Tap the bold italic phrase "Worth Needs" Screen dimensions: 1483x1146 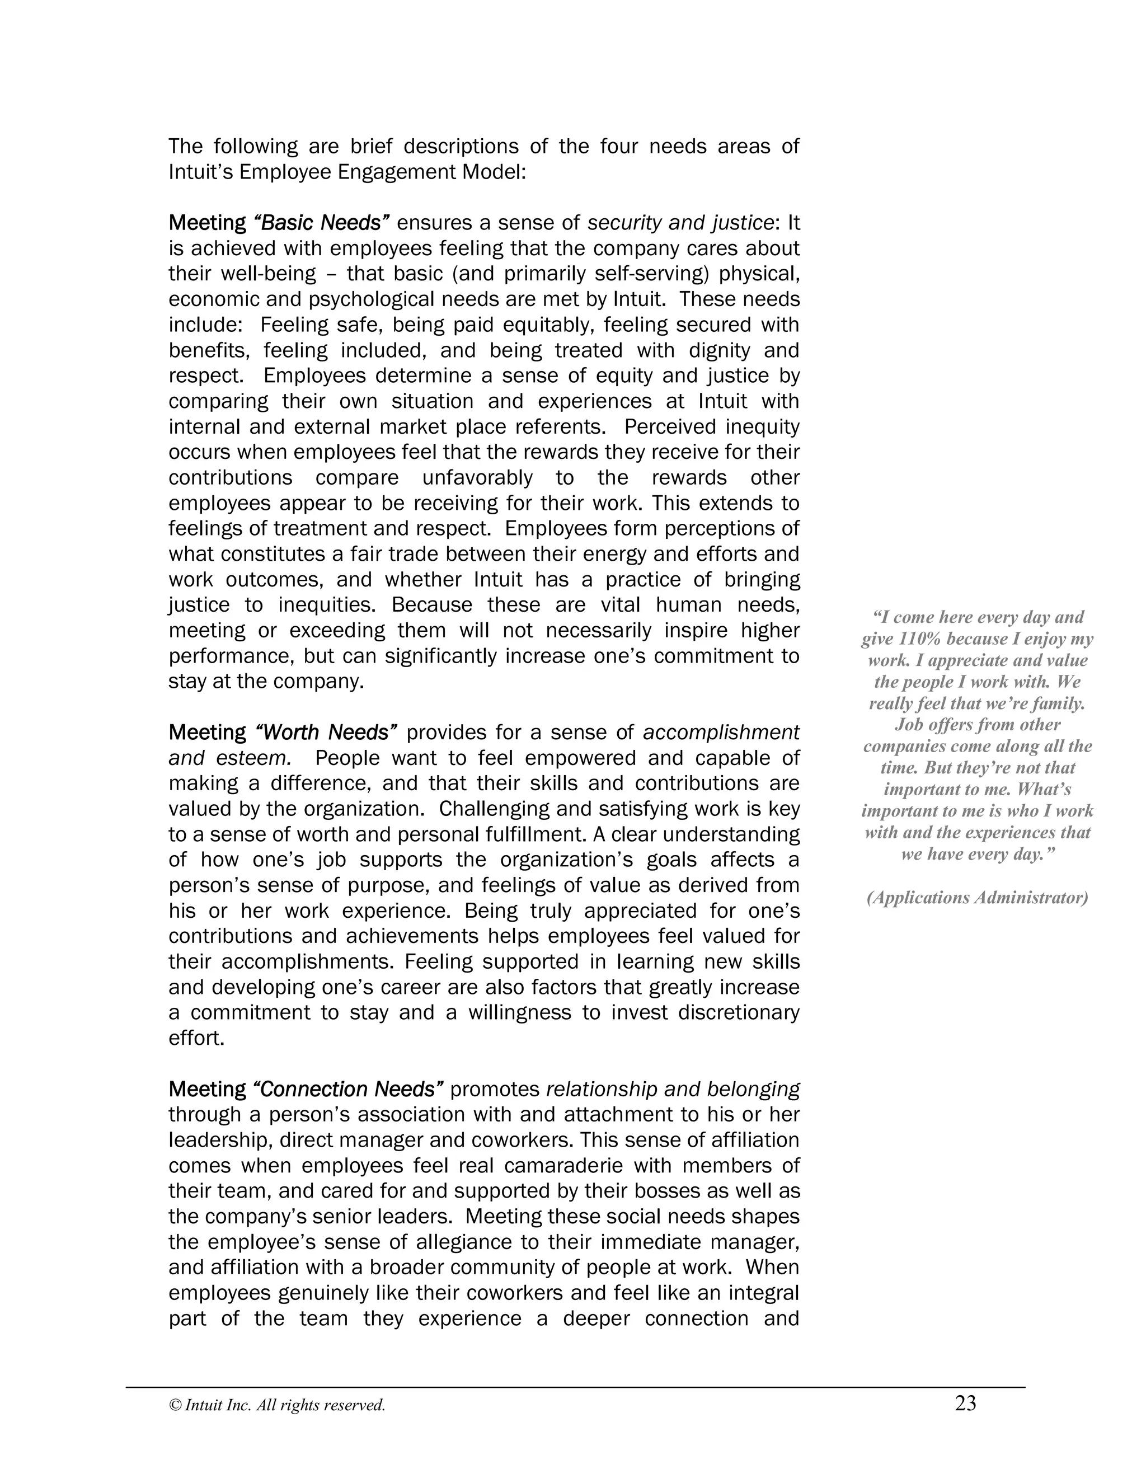[x=326, y=732]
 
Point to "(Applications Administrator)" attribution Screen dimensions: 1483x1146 [x=977, y=898]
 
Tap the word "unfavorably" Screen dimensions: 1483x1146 [x=477, y=477]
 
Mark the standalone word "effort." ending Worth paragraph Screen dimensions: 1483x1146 [x=196, y=1038]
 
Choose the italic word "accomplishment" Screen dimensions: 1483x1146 [x=720, y=732]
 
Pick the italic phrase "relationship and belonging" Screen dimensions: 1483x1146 [x=673, y=1089]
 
